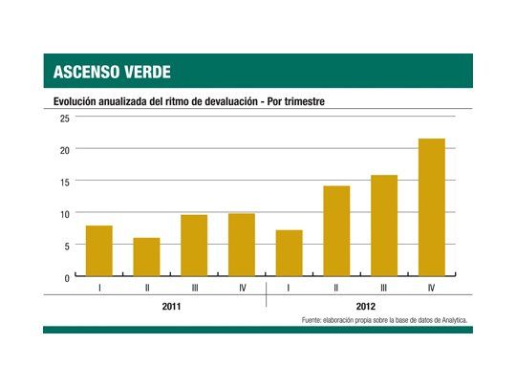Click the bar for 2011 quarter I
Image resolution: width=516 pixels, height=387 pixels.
coord(99,251)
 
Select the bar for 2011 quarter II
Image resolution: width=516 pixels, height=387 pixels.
coord(146,257)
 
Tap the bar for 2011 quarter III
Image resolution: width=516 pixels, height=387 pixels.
coord(194,246)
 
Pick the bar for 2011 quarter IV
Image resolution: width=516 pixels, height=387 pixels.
coord(241,245)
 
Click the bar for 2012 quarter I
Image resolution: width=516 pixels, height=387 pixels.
coord(289,253)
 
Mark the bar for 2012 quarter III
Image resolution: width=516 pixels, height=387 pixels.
coord(384,226)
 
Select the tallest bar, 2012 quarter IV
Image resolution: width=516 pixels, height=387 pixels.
coord(431,207)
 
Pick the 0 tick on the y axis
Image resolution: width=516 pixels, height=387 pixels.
coord(67,278)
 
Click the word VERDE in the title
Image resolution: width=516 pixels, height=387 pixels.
coord(143,72)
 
